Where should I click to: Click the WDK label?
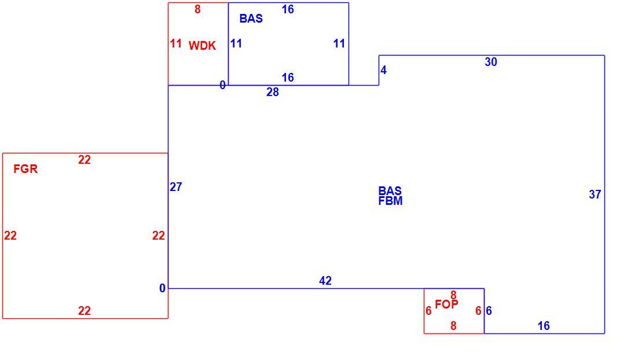pos(202,46)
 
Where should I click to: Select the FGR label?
pos(25,169)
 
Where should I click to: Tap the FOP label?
pos(446,304)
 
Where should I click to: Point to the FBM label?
pos(390,201)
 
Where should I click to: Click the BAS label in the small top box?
pos(251,19)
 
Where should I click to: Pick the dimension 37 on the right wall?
pos(595,194)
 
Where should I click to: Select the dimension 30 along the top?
pos(490,62)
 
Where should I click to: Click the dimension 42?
pos(325,281)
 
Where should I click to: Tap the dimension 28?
pos(273,93)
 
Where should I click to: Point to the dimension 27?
pos(176,187)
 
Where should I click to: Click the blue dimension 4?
pos(383,71)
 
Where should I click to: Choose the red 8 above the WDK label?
pos(197,9)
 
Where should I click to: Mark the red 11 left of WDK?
pos(176,43)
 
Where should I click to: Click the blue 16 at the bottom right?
pos(544,326)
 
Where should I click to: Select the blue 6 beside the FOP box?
pos(489,311)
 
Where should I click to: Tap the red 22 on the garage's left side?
pos(10,236)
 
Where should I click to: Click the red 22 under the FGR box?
pos(84,311)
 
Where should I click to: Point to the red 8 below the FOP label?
pos(453,326)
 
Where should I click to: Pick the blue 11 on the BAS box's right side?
pos(339,43)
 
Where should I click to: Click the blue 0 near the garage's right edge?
pos(162,288)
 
